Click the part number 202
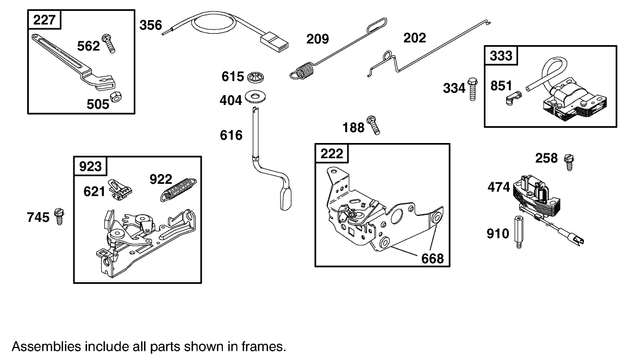click(414, 38)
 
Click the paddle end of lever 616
click(286, 199)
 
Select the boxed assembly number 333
click(501, 56)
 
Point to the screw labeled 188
click(373, 125)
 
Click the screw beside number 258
click(570, 162)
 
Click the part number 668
click(433, 258)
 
